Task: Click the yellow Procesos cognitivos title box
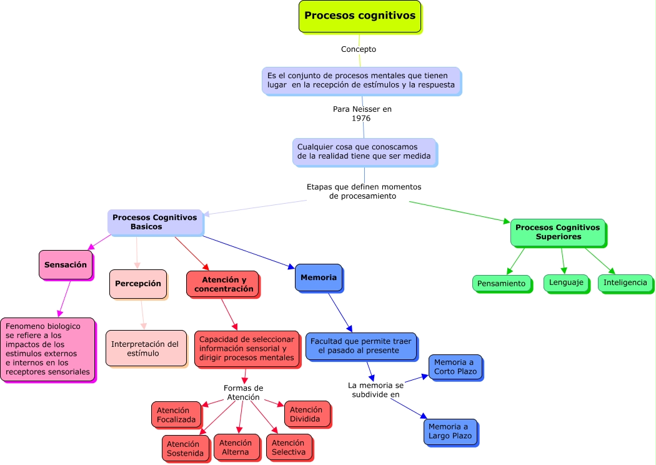click(x=360, y=16)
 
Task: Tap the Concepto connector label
click(x=359, y=49)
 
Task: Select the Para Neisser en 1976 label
click(x=362, y=113)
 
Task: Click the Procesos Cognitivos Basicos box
click(x=155, y=222)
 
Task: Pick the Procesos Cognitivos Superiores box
click(x=557, y=232)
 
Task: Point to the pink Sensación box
click(x=66, y=265)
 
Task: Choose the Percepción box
click(x=137, y=284)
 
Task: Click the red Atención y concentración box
click(x=222, y=284)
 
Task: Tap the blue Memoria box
click(x=318, y=277)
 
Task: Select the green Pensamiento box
click(x=501, y=283)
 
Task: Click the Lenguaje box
click(x=565, y=282)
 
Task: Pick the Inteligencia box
click(x=625, y=282)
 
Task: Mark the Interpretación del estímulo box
click(x=146, y=348)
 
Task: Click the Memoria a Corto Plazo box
click(x=455, y=367)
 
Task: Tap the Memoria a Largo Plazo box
click(x=450, y=431)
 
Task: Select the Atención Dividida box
click(x=307, y=414)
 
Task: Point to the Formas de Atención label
click(x=243, y=392)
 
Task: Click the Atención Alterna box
click(x=236, y=447)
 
